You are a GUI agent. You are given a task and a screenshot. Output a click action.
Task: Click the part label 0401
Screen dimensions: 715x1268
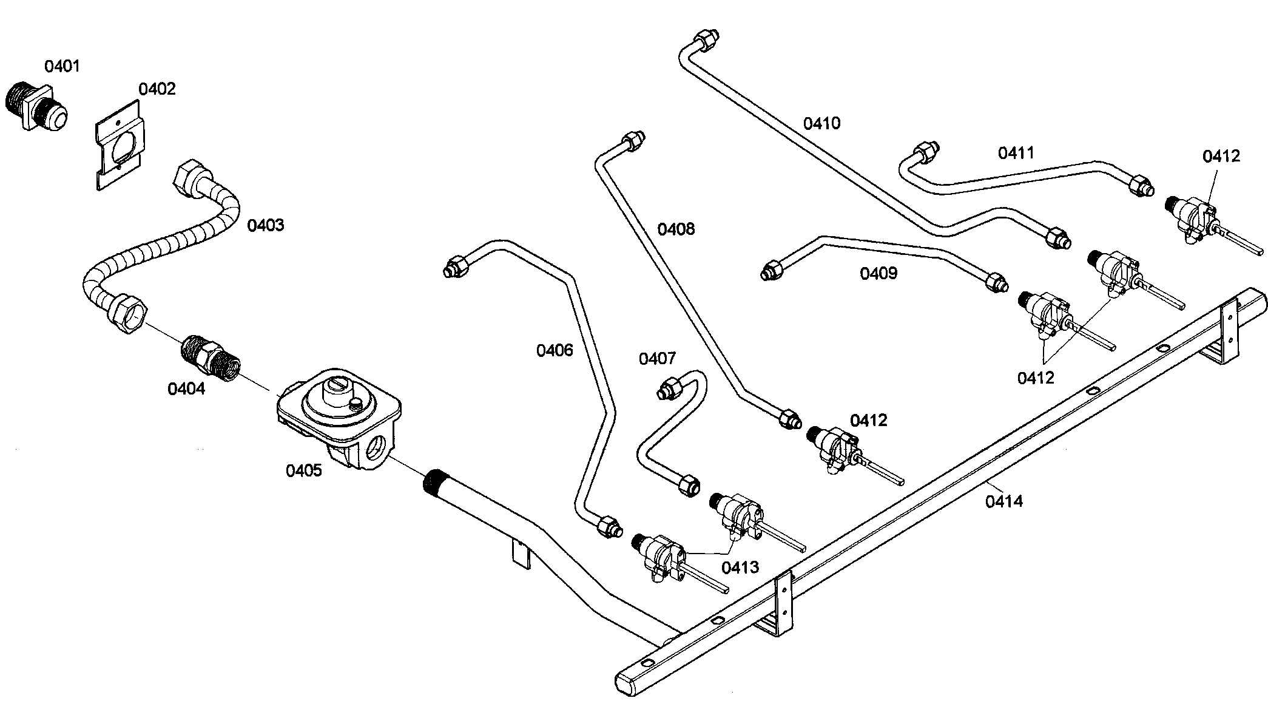62,66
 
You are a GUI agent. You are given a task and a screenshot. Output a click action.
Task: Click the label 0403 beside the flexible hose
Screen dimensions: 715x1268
265,225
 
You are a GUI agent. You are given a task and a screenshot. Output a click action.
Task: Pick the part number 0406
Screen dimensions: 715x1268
554,350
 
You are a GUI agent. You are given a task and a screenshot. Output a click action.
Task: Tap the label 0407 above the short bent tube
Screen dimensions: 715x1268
657,359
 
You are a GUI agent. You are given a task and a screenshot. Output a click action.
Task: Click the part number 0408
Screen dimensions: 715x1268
676,229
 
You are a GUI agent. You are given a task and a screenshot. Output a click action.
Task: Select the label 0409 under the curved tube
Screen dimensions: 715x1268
878,274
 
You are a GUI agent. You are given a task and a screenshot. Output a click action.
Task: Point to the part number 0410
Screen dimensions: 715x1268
821,123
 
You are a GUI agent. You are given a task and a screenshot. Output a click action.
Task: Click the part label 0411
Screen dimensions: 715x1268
1016,152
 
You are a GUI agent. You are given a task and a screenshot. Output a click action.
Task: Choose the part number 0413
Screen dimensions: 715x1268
740,568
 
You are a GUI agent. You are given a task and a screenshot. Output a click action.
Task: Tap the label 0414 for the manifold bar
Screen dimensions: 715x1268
1003,501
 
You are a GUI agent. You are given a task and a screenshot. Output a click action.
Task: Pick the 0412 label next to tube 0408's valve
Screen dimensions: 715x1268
868,420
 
